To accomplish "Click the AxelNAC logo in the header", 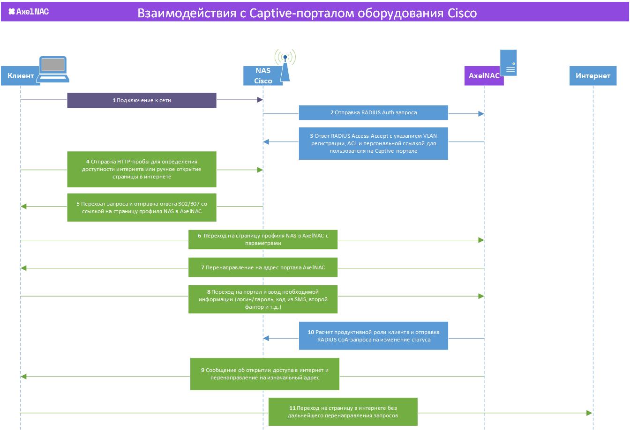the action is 29,12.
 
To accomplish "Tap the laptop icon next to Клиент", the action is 53,69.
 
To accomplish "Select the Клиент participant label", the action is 21,75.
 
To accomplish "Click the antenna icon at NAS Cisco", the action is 285,65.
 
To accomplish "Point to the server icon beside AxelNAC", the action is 508,63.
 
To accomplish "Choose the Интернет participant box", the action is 593,75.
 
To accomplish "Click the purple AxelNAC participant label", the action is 484,75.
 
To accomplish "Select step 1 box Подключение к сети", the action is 142,100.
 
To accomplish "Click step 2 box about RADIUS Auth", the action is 374,113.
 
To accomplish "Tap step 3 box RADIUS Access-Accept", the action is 374,144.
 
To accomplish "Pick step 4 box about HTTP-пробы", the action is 142,169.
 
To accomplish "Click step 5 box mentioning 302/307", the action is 142,208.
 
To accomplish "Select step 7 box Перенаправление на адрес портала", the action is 263,267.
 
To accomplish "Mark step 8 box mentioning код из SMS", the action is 263,299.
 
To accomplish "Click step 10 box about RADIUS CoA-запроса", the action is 374,336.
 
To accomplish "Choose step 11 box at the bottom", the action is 343,412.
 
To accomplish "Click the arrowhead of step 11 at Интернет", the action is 590,413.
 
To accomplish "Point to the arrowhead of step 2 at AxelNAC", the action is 481,114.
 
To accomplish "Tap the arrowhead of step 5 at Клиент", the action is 23,206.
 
